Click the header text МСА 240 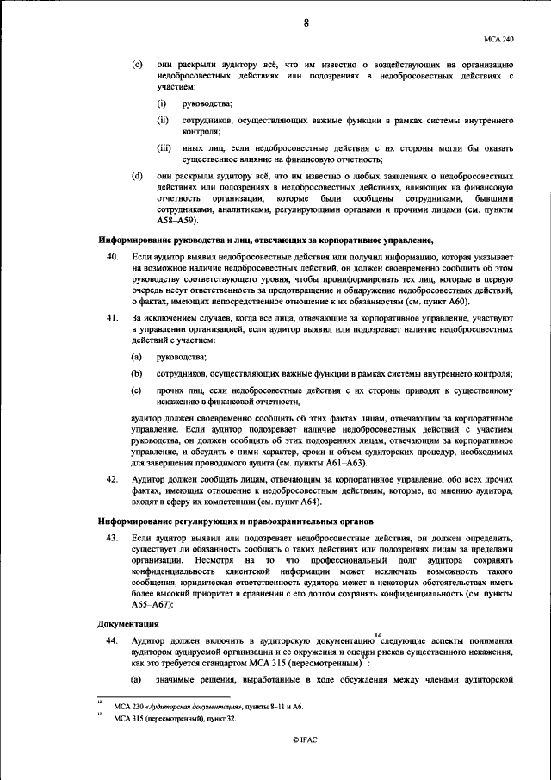[x=499, y=39]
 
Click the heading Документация [x=126, y=623]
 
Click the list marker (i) [x=160, y=104]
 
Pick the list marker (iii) [x=163, y=149]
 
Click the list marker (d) [x=136, y=177]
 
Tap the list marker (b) [x=136, y=374]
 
